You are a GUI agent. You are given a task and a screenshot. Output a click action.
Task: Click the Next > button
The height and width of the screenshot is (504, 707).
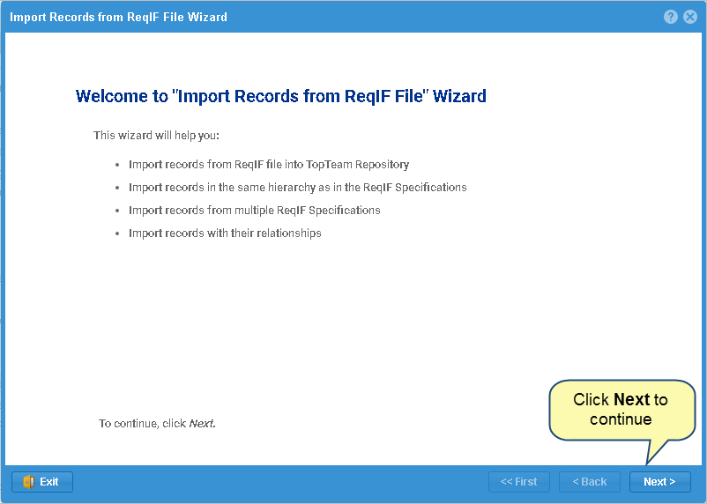(659, 482)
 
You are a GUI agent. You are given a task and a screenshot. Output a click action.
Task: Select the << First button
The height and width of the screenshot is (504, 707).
(519, 482)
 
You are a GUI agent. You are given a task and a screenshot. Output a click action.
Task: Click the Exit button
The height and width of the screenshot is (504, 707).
(42, 482)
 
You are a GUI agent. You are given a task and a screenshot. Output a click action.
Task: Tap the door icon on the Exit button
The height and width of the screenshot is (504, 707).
(28, 482)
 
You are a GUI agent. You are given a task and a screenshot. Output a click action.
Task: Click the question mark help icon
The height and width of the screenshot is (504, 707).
(671, 17)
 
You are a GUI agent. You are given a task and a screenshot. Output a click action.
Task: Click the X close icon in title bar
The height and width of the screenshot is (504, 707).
(690, 17)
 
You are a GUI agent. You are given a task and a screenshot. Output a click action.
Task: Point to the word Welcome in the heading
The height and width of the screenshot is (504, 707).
(112, 96)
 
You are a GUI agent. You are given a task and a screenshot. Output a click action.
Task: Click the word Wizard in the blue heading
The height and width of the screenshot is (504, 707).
(459, 96)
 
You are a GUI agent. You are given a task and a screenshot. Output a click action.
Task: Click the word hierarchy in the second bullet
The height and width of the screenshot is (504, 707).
(292, 188)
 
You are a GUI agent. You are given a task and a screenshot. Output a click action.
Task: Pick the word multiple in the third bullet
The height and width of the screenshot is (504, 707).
(254, 211)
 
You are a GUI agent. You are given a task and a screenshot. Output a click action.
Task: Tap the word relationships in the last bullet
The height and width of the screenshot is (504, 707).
(288, 233)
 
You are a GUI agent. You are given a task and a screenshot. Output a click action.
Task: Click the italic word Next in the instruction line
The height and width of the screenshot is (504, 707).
(201, 424)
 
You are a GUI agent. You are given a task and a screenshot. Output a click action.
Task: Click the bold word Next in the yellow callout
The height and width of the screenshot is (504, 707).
(632, 399)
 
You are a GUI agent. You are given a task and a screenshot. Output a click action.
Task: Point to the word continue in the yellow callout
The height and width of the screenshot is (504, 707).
(621, 419)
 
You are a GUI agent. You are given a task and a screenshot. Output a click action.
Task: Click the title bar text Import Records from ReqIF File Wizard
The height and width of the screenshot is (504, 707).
(118, 17)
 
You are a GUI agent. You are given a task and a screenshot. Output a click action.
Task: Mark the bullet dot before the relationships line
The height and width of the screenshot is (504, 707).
(117, 233)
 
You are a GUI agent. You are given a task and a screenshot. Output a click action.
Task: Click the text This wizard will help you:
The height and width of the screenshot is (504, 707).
(156, 135)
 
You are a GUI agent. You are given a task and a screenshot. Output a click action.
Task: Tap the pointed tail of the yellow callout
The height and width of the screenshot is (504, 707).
(647, 463)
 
